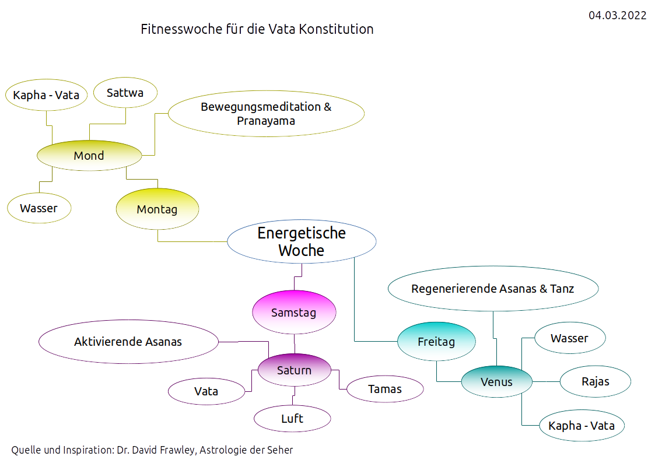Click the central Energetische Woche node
302,241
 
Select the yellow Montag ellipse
157,209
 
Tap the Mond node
89,156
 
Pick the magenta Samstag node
294,313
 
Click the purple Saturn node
295,370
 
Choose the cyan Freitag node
436,342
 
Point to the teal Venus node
497,382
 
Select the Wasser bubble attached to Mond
39,208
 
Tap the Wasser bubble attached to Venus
570,338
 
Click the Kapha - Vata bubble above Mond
47,95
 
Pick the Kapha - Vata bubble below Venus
582,426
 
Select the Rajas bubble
596,382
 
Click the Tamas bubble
385,389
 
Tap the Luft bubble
292,419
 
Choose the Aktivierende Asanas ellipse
128,342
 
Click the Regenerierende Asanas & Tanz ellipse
493,289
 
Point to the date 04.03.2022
617,16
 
